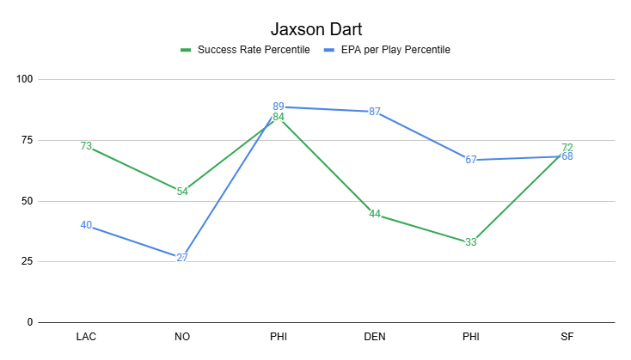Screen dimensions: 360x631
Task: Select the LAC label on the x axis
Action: coord(86,336)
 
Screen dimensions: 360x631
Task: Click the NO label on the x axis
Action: coord(182,336)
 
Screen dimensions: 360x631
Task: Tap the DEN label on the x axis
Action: coord(375,336)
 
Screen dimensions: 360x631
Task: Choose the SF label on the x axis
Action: coord(567,336)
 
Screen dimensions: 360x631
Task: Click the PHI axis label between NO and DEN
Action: coord(279,336)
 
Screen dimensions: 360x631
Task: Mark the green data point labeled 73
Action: coord(86,146)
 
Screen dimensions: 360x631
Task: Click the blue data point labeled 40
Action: coord(86,225)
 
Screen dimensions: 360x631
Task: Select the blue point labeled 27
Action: coord(182,257)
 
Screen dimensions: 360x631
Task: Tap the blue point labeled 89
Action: coord(279,107)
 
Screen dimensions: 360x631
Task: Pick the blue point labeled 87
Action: coord(375,112)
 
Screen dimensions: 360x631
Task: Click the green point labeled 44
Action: coord(375,215)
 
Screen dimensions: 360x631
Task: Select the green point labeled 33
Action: coord(471,242)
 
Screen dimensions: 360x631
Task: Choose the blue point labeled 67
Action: coord(471,160)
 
